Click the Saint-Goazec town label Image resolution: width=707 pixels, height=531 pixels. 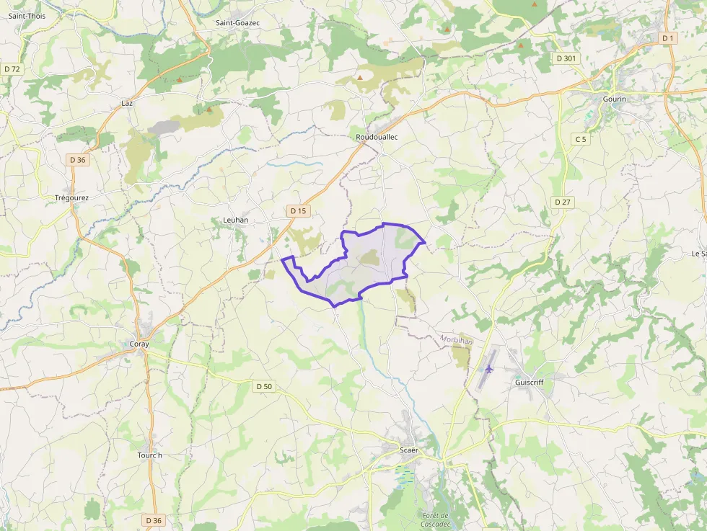coord(237,23)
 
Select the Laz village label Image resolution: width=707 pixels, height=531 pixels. coord(128,103)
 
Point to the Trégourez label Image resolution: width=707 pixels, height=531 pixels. coord(72,197)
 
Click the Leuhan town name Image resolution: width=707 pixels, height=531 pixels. coord(235,220)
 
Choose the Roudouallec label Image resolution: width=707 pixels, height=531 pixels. coord(377,137)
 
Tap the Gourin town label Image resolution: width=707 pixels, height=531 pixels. coord(615,99)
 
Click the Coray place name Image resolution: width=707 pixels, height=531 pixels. coord(139,344)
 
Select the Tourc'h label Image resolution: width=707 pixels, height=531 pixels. coord(150,455)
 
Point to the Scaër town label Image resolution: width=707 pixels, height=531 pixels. coord(409,450)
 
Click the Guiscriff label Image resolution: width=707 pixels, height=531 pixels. coord(530,383)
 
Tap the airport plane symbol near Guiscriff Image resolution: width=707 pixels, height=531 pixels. coord(489,369)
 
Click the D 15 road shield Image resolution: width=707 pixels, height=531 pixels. coord(297,211)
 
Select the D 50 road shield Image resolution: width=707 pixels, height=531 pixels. coord(265,386)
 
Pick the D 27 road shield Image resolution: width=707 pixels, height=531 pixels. coord(563,202)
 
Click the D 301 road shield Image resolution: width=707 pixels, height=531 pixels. coord(566,58)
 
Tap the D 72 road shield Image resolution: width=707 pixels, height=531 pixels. coord(12,68)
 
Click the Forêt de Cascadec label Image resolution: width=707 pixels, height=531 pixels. coord(435,519)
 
